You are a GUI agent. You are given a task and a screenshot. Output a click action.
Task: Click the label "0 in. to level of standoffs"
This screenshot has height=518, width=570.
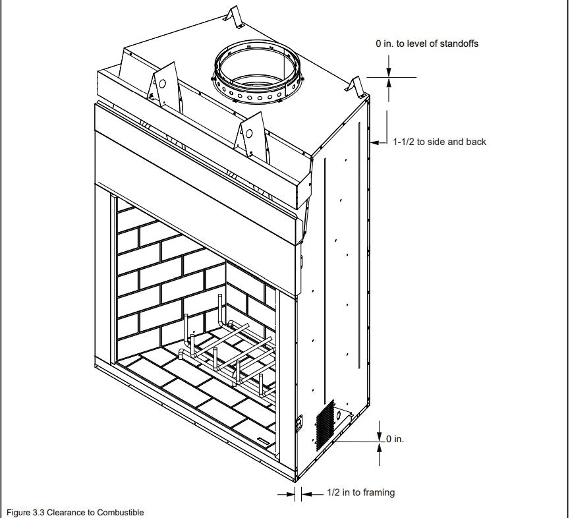click(x=427, y=44)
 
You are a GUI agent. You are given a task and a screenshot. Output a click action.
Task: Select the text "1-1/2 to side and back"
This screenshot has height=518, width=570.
click(x=440, y=142)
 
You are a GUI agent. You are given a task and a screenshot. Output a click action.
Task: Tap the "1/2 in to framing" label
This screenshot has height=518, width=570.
click(x=361, y=492)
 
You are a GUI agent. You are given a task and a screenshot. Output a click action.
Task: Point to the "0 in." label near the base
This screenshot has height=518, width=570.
click(x=395, y=439)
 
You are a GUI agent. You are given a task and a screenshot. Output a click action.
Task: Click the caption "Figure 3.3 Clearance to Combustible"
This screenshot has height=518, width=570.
click(x=74, y=512)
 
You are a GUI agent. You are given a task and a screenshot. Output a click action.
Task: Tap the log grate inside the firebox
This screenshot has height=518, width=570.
click(x=227, y=353)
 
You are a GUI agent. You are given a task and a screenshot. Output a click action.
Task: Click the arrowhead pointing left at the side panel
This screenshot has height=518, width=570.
click(x=376, y=142)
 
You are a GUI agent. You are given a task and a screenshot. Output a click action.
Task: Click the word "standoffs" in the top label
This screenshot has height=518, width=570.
click(x=458, y=44)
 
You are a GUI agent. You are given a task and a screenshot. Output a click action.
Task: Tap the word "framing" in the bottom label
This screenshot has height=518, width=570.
click(x=380, y=492)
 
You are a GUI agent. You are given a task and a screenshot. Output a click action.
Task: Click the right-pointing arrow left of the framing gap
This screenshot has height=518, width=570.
click(x=289, y=493)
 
